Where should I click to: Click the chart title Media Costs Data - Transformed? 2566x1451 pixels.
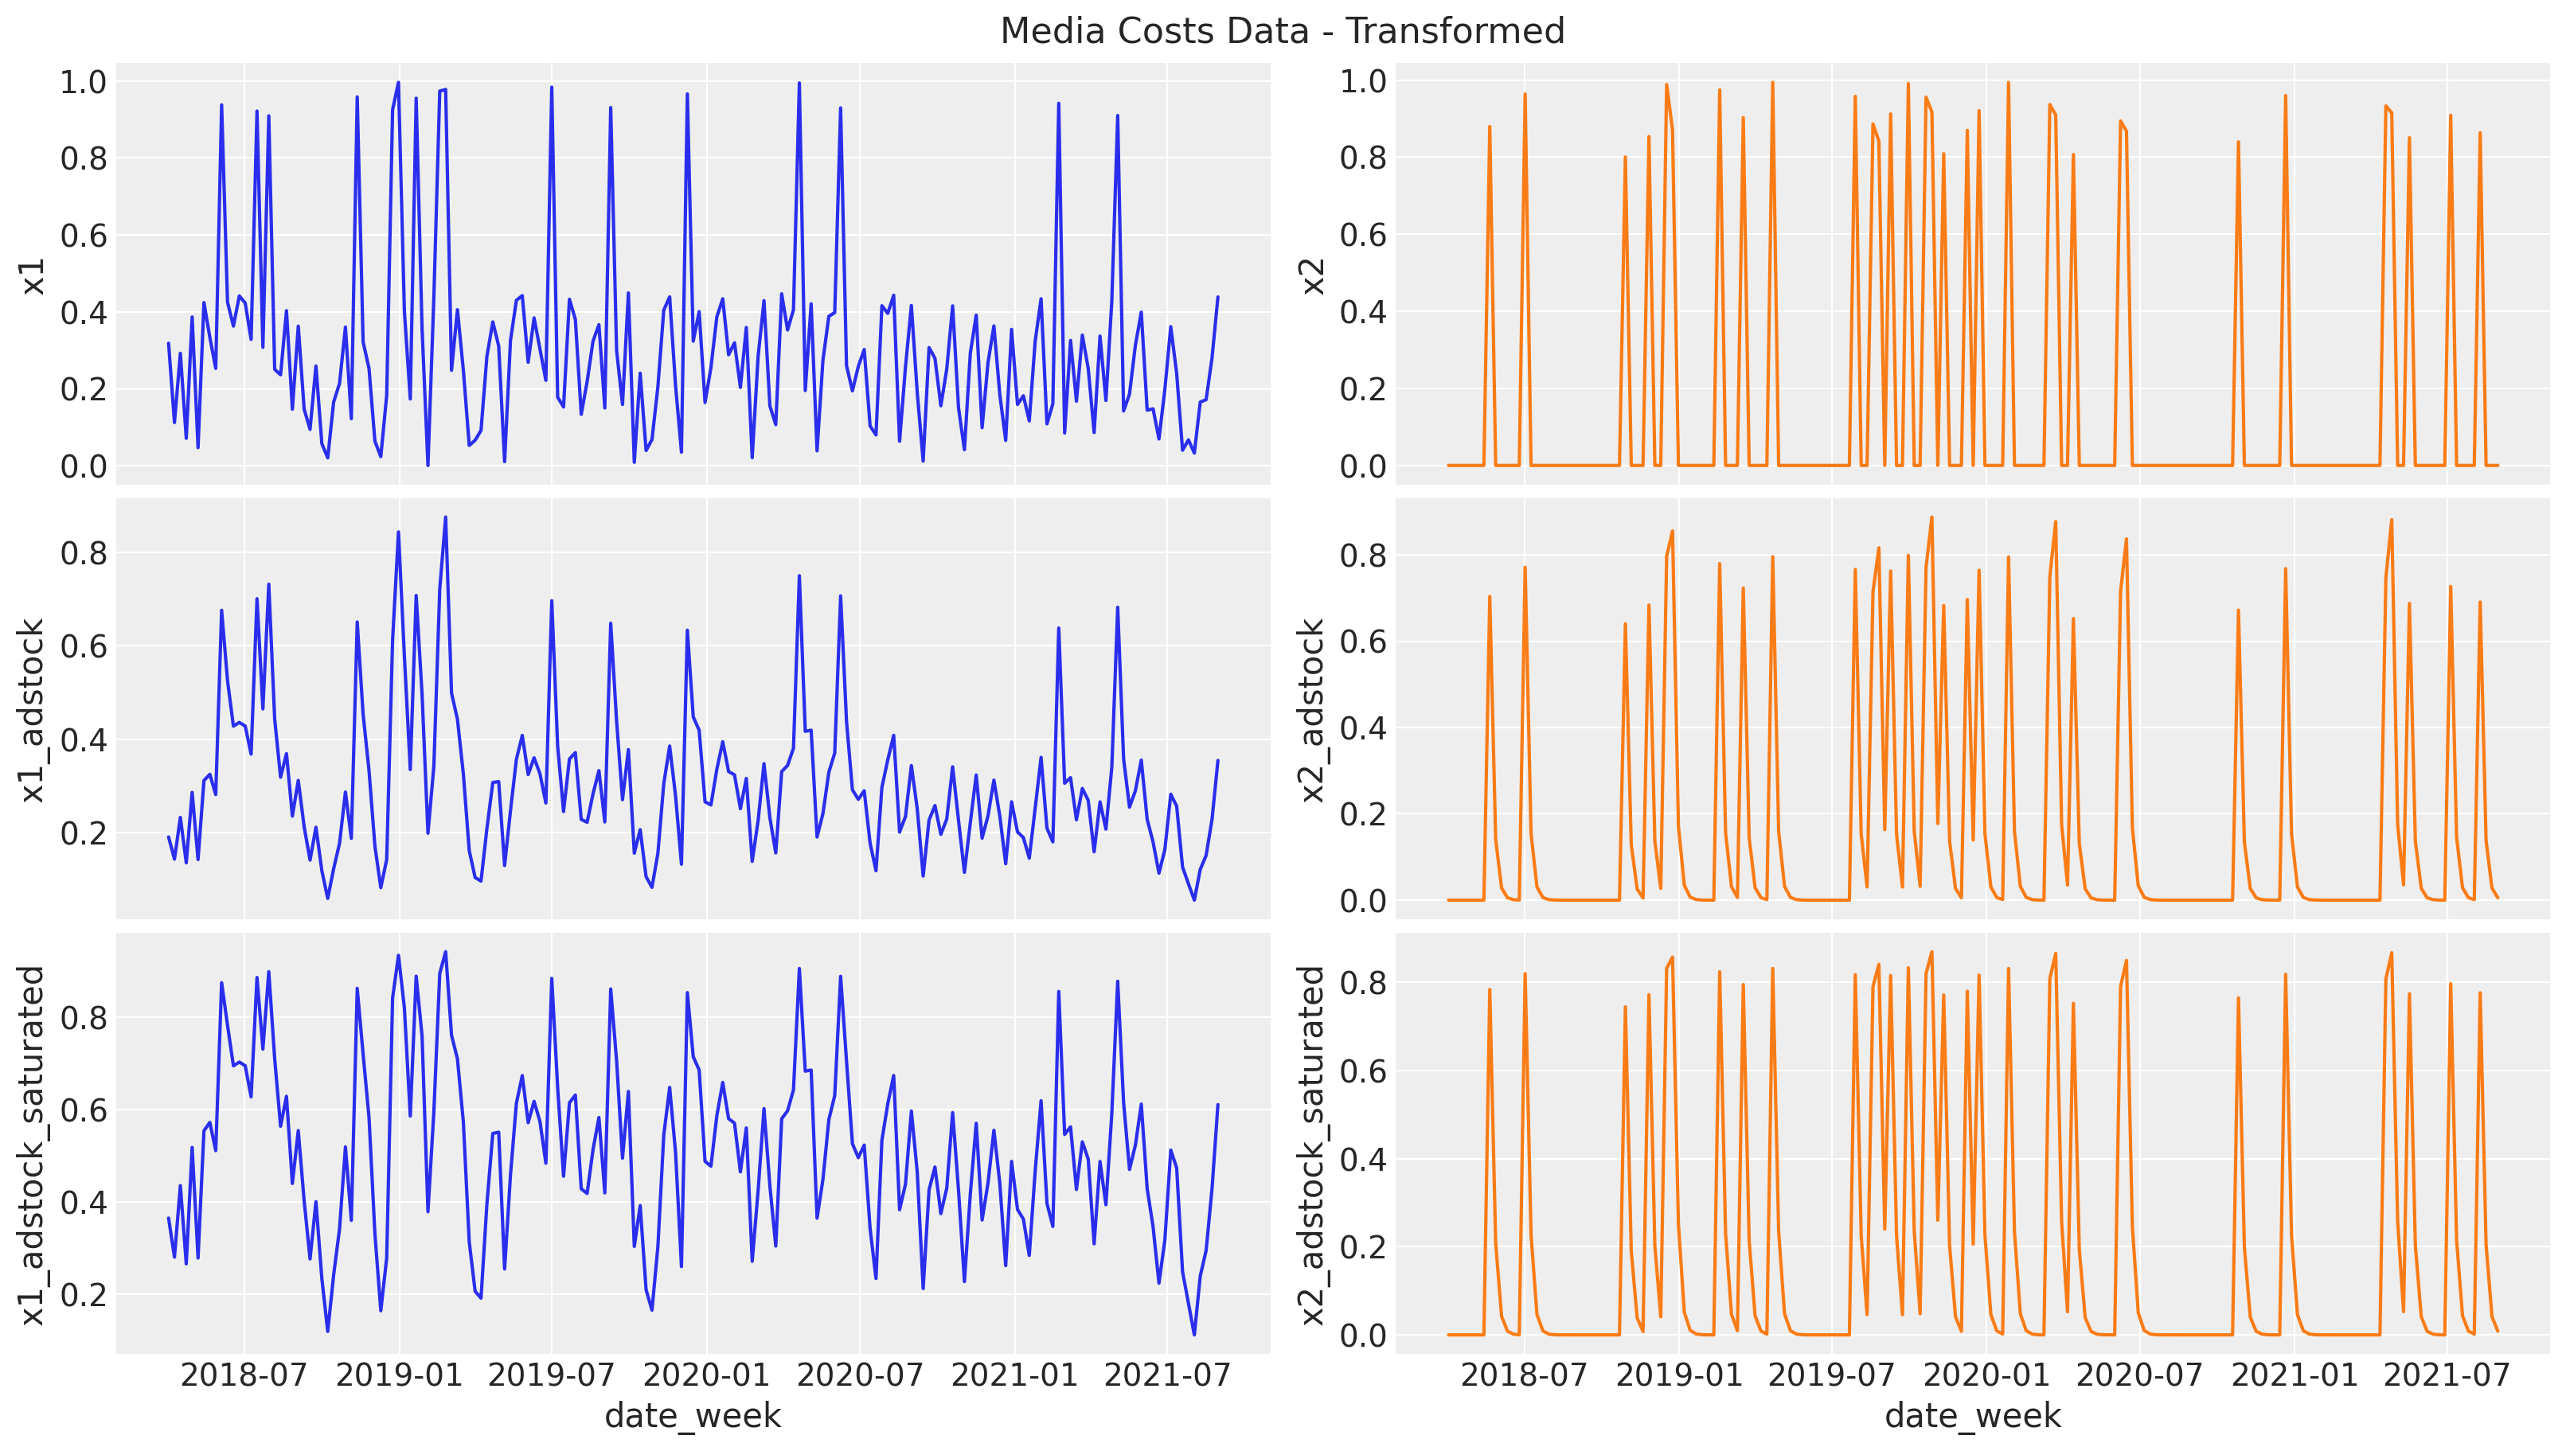[1283, 31]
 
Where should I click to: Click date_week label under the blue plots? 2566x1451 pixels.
[693, 1416]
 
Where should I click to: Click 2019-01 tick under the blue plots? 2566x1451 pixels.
[399, 1375]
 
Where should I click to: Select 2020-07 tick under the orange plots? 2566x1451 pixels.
[2139, 1375]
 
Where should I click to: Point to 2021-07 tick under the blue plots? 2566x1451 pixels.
[1168, 1375]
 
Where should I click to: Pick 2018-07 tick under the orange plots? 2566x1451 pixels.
[1524, 1375]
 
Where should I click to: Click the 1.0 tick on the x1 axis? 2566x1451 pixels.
[83, 82]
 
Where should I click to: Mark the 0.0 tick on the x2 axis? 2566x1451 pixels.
[1362, 466]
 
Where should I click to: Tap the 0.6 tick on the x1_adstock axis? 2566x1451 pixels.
[83, 647]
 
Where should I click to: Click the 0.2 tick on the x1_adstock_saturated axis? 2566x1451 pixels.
[83, 1296]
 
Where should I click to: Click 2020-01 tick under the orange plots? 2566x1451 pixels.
[1985, 1375]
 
